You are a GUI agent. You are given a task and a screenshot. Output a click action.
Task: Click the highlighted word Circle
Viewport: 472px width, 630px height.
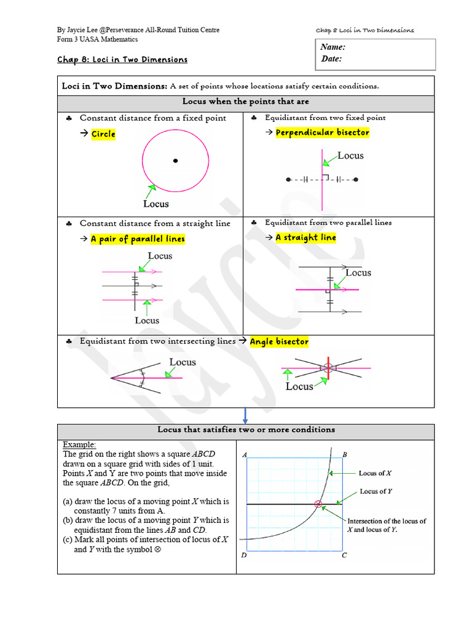[103, 134]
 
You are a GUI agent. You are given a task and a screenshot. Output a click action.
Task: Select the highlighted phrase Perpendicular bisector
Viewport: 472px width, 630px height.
[322, 132]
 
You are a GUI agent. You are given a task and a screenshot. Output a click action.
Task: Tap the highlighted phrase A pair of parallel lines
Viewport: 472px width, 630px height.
[138, 239]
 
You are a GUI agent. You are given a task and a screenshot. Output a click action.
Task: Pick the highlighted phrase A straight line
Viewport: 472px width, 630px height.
[305, 237]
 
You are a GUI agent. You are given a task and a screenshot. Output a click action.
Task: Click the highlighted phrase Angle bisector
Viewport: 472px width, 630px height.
[279, 341]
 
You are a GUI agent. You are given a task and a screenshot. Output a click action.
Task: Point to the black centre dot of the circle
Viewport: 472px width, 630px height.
[175, 161]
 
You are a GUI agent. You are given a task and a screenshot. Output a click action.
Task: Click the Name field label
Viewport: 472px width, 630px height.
[333, 47]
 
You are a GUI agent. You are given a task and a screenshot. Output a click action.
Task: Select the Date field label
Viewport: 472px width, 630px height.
[332, 59]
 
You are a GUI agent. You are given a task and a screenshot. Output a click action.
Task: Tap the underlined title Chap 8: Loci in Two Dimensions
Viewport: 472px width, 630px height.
[122, 60]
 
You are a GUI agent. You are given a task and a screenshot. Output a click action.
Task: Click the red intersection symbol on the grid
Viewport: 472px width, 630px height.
[318, 504]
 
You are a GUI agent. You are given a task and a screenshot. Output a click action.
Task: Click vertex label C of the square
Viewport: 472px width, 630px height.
[344, 556]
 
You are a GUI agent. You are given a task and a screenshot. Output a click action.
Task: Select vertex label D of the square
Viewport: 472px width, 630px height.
[244, 556]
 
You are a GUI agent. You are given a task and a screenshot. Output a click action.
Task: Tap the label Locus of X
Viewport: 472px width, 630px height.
[375, 473]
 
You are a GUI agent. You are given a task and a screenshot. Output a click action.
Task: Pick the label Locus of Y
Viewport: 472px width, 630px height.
[376, 491]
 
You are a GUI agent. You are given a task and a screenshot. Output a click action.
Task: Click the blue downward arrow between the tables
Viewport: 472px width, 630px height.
[245, 415]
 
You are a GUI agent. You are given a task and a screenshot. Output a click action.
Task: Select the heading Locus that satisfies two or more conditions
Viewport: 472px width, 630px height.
[246, 430]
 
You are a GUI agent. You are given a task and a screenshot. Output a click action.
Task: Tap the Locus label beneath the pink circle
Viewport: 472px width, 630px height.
[155, 204]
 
